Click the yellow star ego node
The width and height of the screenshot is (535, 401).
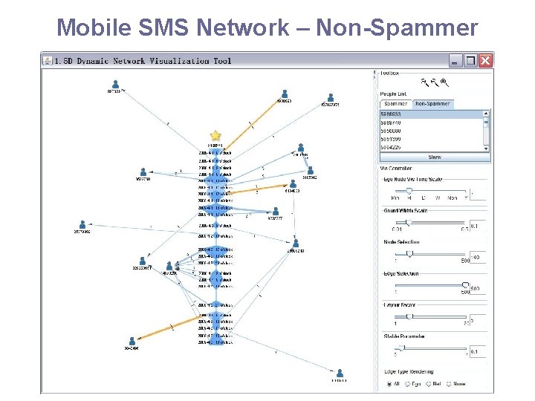point(215,135)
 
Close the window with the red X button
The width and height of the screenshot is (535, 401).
point(485,60)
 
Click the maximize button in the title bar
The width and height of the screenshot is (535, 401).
point(470,60)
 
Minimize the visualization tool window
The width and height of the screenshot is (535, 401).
point(455,60)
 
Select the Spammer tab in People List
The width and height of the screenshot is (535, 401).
point(395,104)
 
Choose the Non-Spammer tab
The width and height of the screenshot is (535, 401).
point(432,104)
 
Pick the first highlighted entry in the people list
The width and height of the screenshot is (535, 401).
point(431,114)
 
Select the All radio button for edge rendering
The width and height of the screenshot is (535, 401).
point(389,384)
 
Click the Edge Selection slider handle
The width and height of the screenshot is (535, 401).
point(466,284)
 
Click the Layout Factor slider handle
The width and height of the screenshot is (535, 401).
point(409,316)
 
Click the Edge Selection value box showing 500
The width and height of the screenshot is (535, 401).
point(476,289)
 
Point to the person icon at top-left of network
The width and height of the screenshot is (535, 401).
point(115,84)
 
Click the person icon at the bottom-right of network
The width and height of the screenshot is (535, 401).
point(340,373)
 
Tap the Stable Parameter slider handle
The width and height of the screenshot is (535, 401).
point(402,348)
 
